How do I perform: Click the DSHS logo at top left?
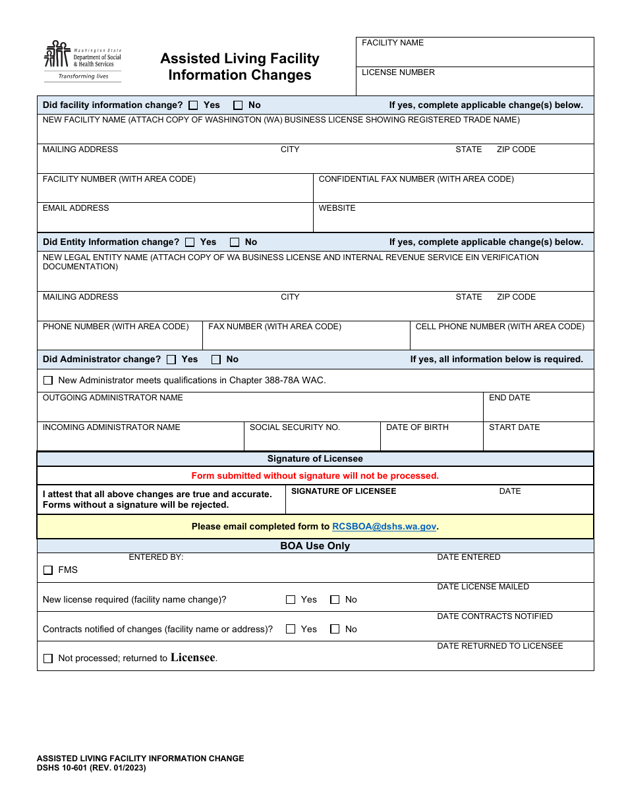82,61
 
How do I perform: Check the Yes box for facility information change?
193,105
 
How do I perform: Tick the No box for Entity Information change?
235,242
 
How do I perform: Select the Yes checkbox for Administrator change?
171,360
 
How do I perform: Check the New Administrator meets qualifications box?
48,381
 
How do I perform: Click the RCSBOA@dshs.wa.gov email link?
384,527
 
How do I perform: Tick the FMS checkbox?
48,570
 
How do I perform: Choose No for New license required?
335,600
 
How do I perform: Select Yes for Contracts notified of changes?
291,630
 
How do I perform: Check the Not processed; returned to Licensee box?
48,659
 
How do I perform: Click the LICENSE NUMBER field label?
398,72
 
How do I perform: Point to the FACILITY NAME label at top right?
393,43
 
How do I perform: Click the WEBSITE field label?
337,208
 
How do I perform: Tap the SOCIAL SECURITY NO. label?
295,427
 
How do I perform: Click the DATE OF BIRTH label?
417,427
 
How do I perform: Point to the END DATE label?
509,398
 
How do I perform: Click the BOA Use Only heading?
315,546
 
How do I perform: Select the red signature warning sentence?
315,476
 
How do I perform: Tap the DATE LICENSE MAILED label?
483,587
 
